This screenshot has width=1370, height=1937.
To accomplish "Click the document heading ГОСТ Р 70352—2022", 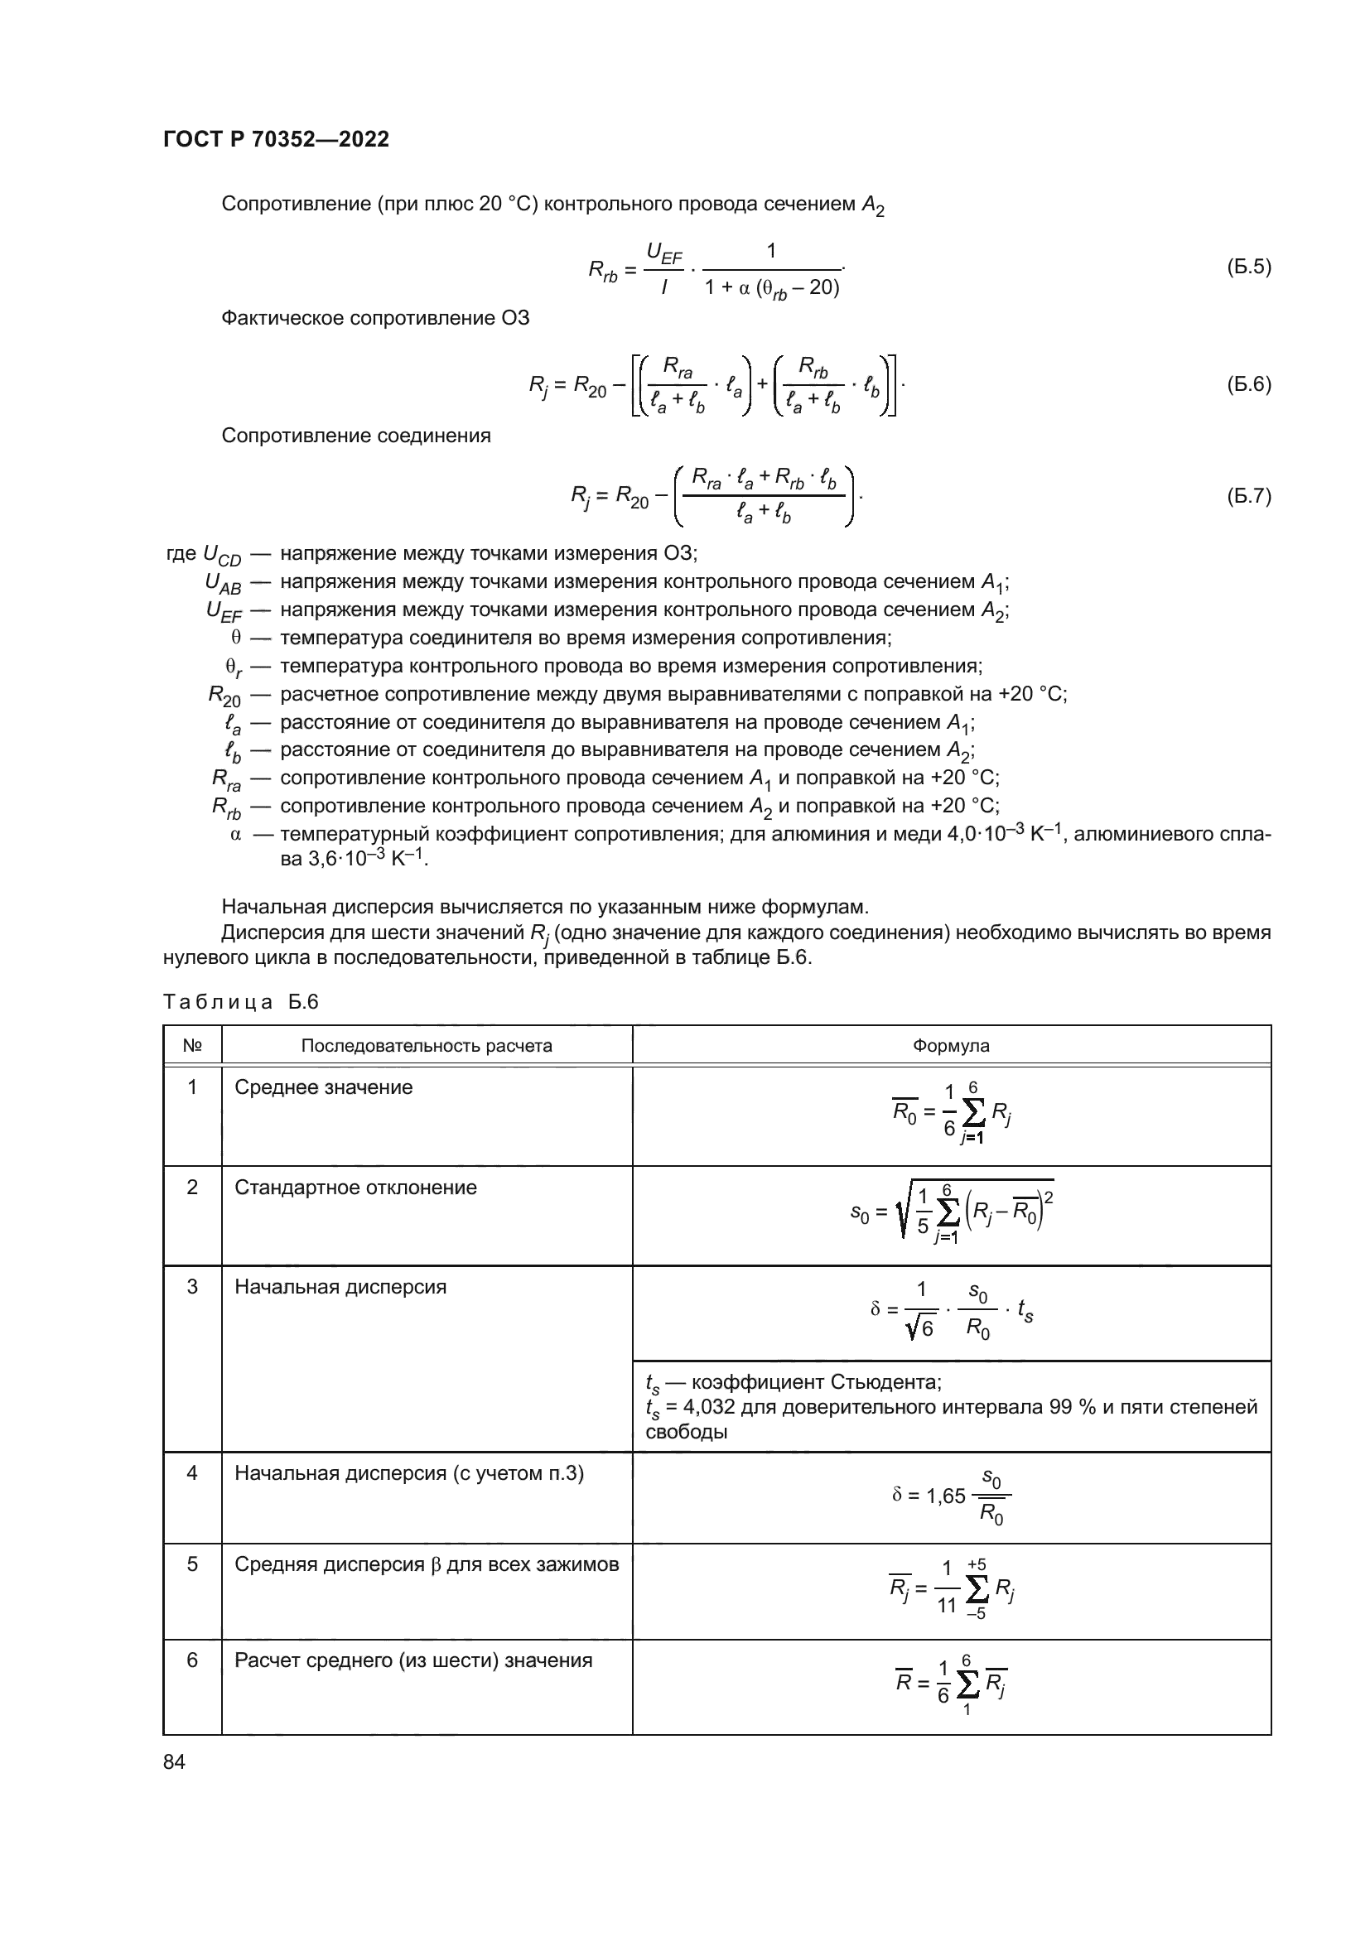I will [x=276, y=139].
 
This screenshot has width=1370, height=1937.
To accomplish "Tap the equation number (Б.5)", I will [x=1247, y=267].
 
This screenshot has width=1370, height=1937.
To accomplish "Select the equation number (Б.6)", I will [x=1247, y=384].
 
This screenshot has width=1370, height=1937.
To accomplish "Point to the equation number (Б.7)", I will [x=1247, y=495].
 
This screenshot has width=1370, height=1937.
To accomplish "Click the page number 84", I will [x=174, y=1761].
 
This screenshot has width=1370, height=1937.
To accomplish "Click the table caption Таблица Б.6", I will [x=240, y=1001].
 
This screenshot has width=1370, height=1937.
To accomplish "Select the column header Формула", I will [x=951, y=1045].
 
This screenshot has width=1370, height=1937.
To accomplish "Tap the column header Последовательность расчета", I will [x=426, y=1045].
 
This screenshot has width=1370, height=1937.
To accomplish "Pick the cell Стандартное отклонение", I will [x=355, y=1187].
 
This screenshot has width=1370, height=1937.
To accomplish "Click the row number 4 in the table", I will [x=191, y=1473].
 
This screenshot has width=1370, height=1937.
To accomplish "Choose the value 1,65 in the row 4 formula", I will [x=946, y=1496].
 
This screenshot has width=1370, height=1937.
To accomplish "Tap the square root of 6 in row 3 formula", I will [x=920, y=1328].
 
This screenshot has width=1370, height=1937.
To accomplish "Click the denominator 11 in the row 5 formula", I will [x=947, y=1605].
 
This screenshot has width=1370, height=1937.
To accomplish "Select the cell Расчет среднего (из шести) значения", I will [x=413, y=1660].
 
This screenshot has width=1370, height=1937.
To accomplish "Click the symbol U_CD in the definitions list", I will [x=221, y=555].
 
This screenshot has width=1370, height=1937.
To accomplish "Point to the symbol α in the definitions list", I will [x=235, y=835].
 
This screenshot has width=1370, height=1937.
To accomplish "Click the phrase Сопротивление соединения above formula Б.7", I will [x=355, y=436].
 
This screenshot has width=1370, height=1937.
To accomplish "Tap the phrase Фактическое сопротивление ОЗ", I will [x=374, y=318].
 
